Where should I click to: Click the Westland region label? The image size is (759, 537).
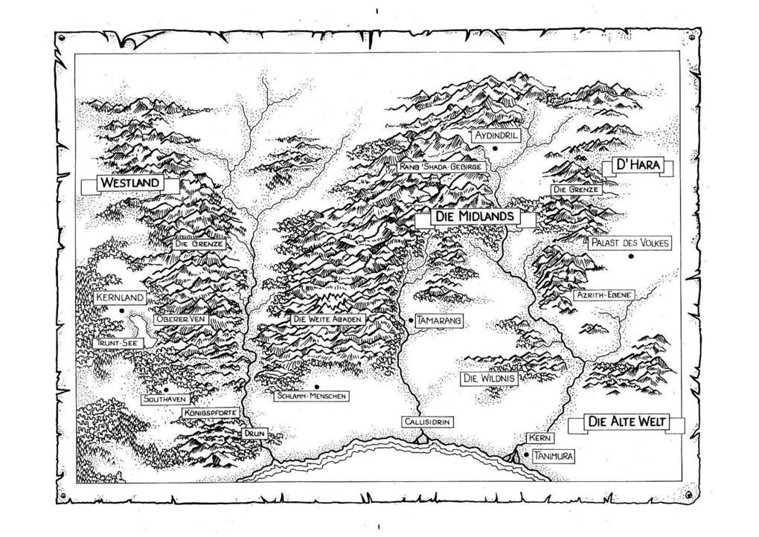[130, 182]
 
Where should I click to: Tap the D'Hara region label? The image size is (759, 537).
[636, 165]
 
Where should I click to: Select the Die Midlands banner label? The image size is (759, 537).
[475, 216]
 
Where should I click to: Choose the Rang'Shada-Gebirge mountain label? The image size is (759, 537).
[442, 167]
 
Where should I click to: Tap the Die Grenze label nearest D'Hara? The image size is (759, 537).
[577, 190]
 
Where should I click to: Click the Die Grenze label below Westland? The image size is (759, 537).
[199, 243]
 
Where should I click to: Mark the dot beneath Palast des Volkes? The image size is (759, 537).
[630, 257]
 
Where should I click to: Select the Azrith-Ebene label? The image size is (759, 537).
[603, 295]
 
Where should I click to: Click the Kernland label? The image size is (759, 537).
[119, 298]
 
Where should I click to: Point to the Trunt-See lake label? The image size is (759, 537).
[118, 343]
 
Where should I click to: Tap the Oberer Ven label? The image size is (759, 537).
[180, 319]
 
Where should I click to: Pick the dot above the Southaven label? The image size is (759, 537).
[165, 389]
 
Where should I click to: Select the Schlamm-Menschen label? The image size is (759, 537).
[310, 396]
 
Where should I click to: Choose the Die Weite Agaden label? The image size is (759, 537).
[327, 319]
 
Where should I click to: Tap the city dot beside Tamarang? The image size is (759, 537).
[410, 320]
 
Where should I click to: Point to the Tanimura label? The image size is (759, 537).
[553, 456]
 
